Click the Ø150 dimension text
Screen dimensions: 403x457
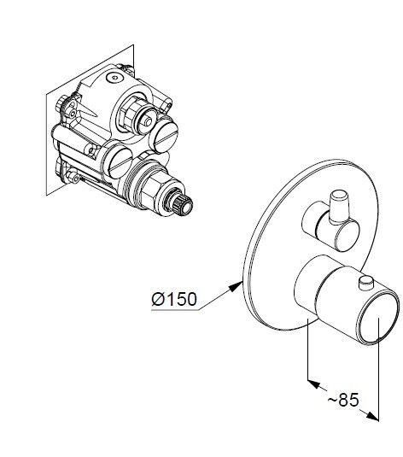pyautogui.click(x=174, y=299)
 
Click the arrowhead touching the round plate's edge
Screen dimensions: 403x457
pyautogui.click(x=236, y=286)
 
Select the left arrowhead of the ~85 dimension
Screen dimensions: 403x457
pyautogui.click(x=314, y=384)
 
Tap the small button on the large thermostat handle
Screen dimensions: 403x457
pyautogui.click(x=366, y=283)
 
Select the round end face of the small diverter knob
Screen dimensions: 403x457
pyautogui.click(x=347, y=236)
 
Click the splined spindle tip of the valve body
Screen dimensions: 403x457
pyautogui.click(x=182, y=206)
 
